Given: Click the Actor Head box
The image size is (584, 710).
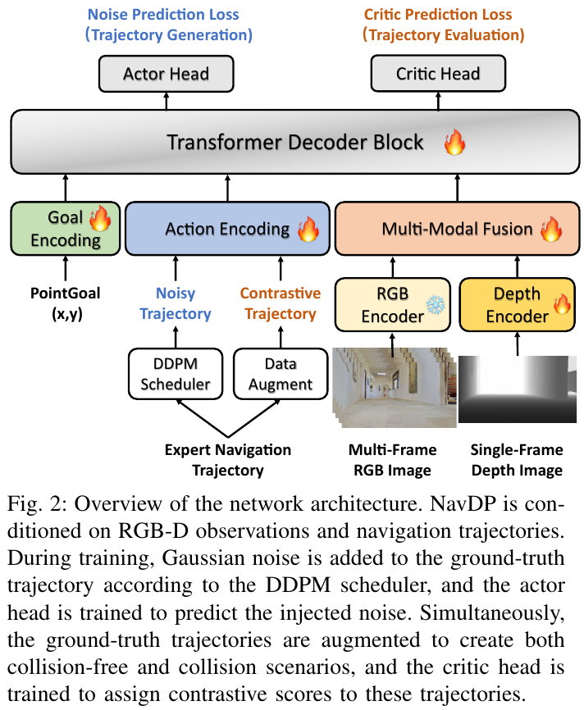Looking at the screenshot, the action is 167,74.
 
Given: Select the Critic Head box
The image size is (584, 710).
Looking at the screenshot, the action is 438,74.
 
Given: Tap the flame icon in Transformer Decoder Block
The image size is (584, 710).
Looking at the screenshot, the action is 454,142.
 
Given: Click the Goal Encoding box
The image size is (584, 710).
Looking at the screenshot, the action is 66,229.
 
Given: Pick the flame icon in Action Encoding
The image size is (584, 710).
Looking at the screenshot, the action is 308,229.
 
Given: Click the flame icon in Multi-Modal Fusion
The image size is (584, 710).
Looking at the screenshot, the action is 551,229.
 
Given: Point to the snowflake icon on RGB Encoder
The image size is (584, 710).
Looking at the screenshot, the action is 436,305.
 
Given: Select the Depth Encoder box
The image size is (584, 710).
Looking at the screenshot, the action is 518,305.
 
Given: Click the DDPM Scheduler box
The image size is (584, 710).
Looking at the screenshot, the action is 176,374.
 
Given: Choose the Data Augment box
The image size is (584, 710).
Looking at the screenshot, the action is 281,374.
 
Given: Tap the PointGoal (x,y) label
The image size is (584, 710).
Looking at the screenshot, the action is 66,303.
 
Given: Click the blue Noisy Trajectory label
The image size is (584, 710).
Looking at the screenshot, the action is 176,303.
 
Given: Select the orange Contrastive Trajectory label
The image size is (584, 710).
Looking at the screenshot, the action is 281,303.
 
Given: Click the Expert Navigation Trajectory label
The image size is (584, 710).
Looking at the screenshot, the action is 228,460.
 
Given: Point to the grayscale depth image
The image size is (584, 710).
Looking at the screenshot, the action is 518,389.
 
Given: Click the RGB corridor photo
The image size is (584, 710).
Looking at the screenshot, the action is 395,388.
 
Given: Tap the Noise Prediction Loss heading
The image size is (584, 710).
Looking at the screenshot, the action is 163,15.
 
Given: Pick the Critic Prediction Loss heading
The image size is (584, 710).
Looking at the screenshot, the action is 438,15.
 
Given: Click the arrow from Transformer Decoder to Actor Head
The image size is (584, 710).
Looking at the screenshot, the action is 167,101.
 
